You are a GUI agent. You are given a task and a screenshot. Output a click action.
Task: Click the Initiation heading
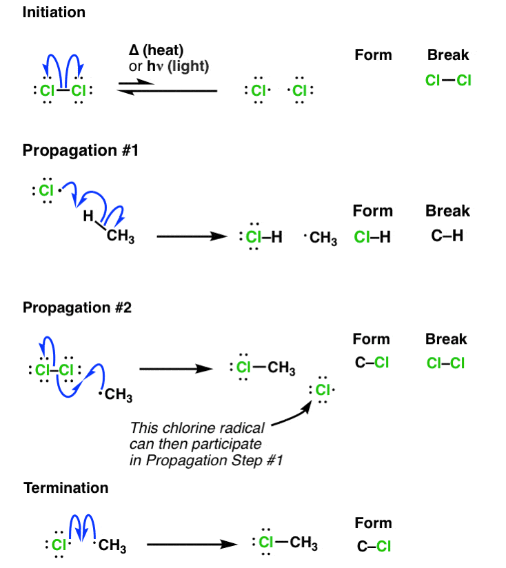click(54, 13)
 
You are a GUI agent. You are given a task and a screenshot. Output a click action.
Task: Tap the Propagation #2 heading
click(81, 307)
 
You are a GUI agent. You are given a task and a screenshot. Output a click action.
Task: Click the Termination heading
click(66, 488)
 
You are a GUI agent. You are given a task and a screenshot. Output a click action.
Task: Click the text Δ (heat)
click(156, 52)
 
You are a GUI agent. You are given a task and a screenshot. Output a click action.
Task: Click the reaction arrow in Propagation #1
click(192, 237)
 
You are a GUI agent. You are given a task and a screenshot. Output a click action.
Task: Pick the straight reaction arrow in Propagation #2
click(175, 369)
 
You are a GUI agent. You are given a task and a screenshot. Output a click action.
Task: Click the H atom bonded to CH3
click(88, 216)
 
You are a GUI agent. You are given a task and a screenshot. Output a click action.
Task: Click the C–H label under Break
click(447, 237)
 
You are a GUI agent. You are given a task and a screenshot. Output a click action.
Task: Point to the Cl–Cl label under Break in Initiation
click(448, 81)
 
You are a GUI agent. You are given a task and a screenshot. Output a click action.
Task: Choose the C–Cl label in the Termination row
click(374, 547)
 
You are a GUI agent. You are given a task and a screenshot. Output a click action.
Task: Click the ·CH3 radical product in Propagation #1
click(321, 239)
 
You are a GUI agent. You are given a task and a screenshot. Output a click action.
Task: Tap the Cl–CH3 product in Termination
click(285, 543)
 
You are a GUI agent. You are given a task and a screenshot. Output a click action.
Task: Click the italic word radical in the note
click(238, 428)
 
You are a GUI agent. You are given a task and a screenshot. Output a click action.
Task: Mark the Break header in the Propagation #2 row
click(446, 339)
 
